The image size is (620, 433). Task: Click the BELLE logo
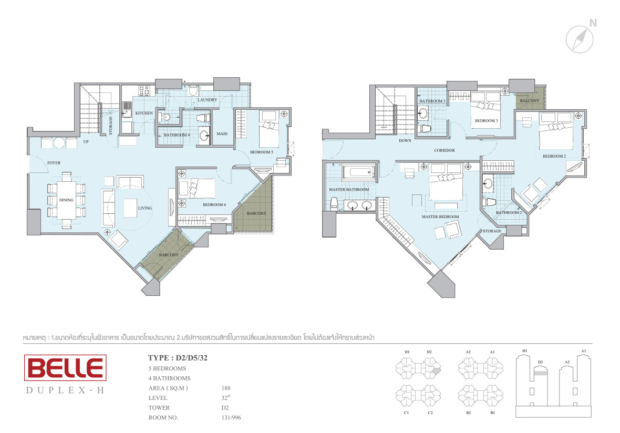(x=65, y=368)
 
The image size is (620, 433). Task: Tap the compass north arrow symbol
(x=580, y=39)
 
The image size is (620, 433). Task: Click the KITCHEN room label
(x=144, y=113)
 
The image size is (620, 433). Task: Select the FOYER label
(x=54, y=162)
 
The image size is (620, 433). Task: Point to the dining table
(x=66, y=200)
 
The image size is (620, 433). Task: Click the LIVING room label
(x=145, y=208)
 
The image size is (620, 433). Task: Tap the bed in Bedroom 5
(x=269, y=129)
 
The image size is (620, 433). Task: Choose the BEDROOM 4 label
(x=214, y=205)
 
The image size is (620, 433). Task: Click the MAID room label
(x=222, y=133)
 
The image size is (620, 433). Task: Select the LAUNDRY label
(x=207, y=100)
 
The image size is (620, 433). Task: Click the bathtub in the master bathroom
(x=359, y=173)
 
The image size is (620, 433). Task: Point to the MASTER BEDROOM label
(x=440, y=217)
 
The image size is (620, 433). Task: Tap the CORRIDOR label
(x=445, y=150)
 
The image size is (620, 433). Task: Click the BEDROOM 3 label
(x=487, y=121)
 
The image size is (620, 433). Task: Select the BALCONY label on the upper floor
(x=530, y=101)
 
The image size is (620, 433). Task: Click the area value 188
(x=226, y=388)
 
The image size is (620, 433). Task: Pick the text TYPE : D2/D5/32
(x=178, y=358)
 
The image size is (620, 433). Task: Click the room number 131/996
(x=231, y=418)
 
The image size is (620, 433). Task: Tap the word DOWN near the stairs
(x=405, y=140)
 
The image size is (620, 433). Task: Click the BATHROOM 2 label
(x=509, y=213)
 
